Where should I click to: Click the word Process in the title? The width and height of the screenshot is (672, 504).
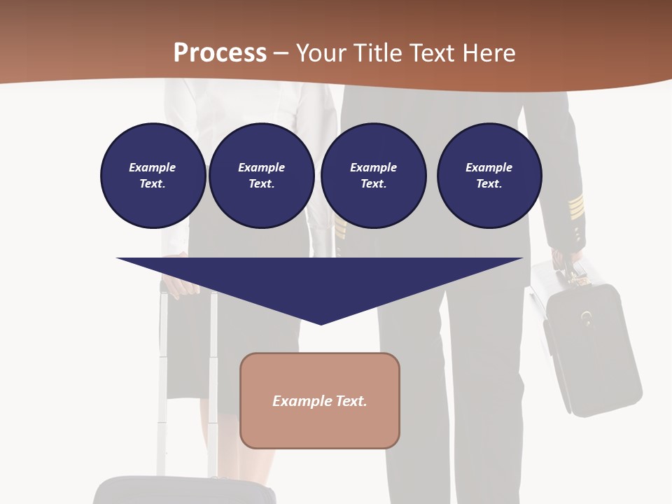point(220,53)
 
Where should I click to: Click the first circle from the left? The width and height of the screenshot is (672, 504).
point(153,176)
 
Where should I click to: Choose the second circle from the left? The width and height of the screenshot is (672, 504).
point(261,176)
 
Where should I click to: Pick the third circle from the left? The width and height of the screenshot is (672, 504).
point(373,176)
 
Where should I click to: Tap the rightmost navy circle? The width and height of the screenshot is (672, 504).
point(489,176)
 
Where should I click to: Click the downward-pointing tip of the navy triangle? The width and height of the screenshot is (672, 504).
point(321,323)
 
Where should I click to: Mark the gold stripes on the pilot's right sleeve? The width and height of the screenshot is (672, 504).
point(575,206)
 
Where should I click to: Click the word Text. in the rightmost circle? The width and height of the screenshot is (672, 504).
point(489,184)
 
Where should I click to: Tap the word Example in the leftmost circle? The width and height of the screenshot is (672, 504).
point(153,167)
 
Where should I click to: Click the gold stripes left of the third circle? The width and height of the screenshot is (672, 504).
point(339,225)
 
